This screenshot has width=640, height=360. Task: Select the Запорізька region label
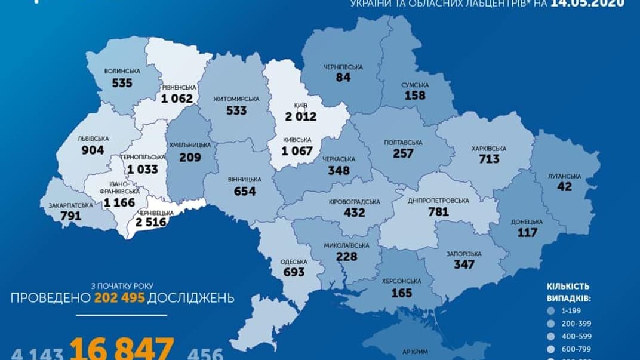pos(459,253)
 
